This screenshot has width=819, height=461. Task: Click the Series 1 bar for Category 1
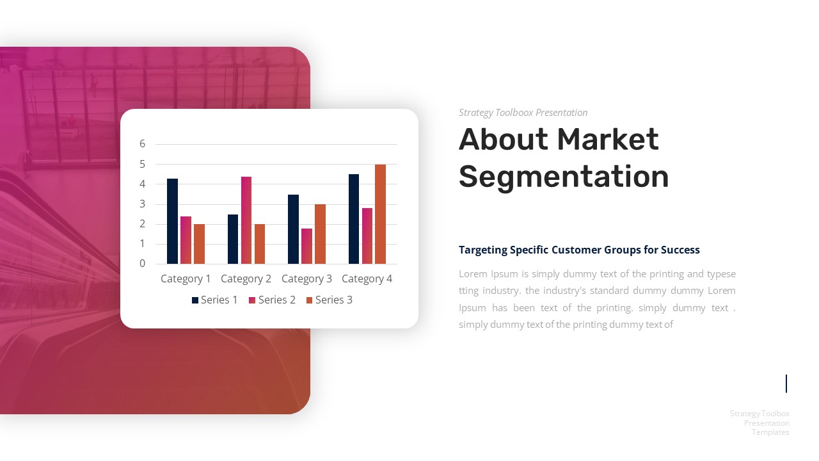coord(172,221)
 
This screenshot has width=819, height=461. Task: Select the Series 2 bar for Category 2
coord(246,220)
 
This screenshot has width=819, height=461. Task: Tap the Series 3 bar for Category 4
coord(380,214)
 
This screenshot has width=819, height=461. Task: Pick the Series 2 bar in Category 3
coord(306,246)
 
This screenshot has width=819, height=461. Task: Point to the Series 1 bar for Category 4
coord(354,219)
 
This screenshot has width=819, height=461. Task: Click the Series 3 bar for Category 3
coord(320,234)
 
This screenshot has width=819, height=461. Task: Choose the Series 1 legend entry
coord(215,300)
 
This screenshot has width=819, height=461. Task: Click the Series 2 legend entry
coord(273,300)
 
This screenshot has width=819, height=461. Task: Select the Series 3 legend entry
coord(330,300)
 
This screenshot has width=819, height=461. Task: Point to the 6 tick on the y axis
coord(143,144)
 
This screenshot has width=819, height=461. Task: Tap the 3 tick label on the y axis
coord(143,204)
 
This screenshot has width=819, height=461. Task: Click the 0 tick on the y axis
coord(143,263)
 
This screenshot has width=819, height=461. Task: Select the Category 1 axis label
coord(186,279)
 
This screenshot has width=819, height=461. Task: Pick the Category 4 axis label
coord(367,279)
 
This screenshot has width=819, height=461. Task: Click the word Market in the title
coord(607,140)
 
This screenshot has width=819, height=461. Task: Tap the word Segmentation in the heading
coord(564,177)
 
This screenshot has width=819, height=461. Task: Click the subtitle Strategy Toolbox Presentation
coord(523,113)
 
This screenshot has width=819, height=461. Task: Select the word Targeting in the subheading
coord(483,250)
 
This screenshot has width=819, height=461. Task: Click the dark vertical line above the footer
coord(786,384)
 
